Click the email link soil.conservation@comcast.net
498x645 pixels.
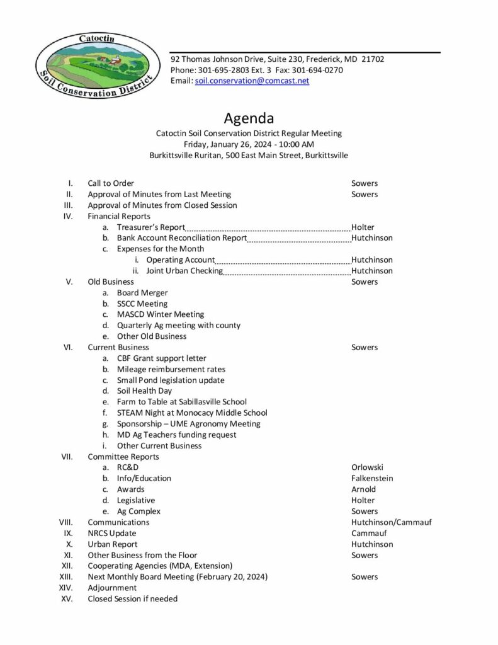pyautogui.click(x=252, y=81)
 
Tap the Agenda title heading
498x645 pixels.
pyautogui.click(x=249, y=118)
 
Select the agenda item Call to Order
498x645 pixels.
pyautogui.click(x=111, y=183)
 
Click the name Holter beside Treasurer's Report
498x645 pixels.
pyautogui.click(x=363, y=227)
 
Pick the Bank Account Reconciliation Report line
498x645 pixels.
pyautogui.click(x=181, y=238)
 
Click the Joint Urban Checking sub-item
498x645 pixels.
pyautogui.click(x=184, y=271)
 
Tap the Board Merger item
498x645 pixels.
pyautogui.click(x=142, y=293)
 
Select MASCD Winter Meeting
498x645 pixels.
pyautogui.click(x=160, y=314)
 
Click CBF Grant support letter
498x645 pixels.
pyautogui.click(x=161, y=358)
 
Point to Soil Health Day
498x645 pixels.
pyautogui.click(x=144, y=391)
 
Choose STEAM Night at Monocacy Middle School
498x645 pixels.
pyautogui.click(x=192, y=413)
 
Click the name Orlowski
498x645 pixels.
pyautogui.click(x=367, y=467)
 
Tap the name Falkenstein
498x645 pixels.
pyautogui.click(x=372, y=478)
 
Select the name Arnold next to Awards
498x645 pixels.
pyautogui.click(x=363, y=489)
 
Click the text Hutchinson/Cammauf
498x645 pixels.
pyautogui.click(x=391, y=522)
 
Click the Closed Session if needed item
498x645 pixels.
pyautogui.click(x=132, y=598)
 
